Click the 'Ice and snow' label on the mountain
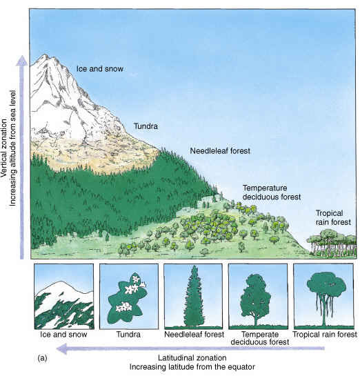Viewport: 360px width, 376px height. [100, 69]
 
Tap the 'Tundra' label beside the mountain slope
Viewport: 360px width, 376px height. [146, 126]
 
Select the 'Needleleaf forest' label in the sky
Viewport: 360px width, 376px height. [220, 151]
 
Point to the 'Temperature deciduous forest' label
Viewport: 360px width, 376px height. [272, 192]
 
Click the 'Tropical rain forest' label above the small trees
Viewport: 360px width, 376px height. [333, 217]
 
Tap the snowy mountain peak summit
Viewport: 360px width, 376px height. [45, 56]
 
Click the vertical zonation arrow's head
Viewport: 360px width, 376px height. [22, 61]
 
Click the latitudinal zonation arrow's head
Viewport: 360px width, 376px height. [61, 348]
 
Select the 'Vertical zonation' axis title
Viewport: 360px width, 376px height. [4, 148]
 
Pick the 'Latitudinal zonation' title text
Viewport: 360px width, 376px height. [192, 358]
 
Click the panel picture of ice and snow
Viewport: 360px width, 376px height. [64, 297]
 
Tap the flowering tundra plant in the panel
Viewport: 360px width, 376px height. [127, 299]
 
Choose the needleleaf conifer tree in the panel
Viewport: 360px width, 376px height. [194, 296]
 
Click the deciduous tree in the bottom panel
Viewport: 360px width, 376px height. [256, 299]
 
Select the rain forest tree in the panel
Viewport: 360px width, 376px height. [326, 299]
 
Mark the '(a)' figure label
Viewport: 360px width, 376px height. [43, 358]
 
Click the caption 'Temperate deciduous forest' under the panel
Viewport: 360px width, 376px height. [260, 338]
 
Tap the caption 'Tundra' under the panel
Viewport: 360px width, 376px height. [128, 335]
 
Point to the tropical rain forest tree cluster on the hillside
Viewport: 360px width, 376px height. [332, 243]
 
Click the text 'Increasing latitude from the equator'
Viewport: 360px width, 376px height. [192, 367]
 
